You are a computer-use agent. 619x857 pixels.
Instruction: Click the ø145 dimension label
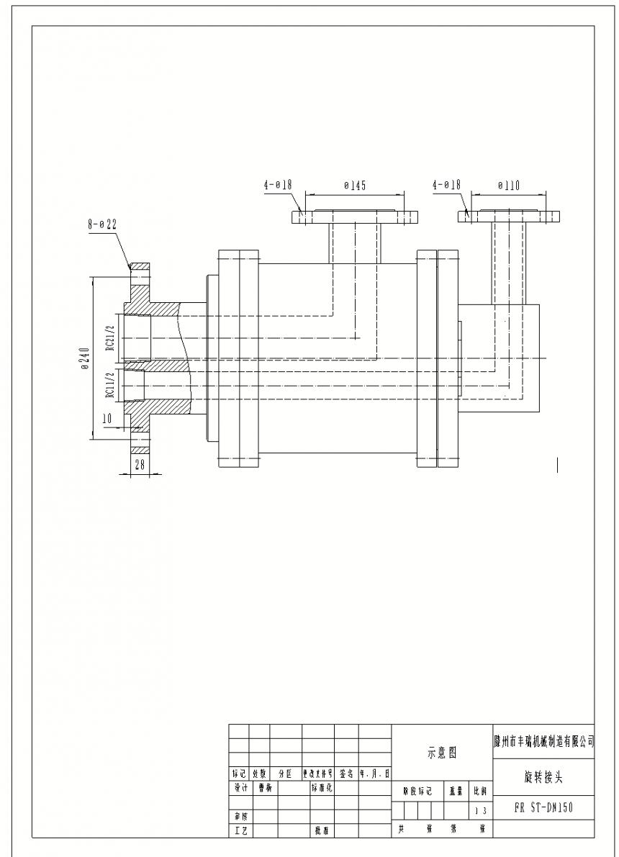pyautogui.click(x=354, y=186)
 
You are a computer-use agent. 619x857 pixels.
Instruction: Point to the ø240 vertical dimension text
pyautogui.click(x=86, y=358)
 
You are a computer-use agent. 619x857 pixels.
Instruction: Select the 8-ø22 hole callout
pyautogui.click(x=102, y=225)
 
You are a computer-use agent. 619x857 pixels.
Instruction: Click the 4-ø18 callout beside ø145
pyautogui.click(x=277, y=185)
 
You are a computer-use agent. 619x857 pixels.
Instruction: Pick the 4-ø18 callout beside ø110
pyautogui.click(x=446, y=185)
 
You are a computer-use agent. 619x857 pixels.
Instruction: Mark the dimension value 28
pyautogui.click(x=140, y=465)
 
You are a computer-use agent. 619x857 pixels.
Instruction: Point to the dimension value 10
pyautogui.click(x=107, y=418)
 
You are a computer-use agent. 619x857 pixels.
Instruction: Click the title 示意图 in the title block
pyautogui.click(x=441, y=753)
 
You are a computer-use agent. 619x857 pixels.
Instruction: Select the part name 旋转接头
pyautogui.click(x=543, y=777)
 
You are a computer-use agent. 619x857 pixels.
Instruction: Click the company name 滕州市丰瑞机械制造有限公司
pyautogui.click(x=543, y=741)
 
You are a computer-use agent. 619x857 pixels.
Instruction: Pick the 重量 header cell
pyautogui.click(x=456, y=791)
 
